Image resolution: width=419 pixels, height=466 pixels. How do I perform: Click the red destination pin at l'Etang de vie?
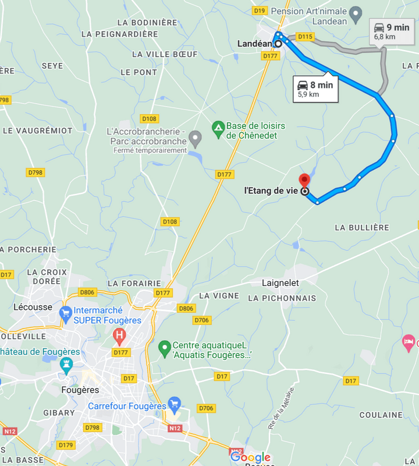click(x=304, y=179)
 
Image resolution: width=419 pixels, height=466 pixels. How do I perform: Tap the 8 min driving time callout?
click(x=315, y=89)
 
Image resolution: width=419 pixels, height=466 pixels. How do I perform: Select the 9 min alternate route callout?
click(x=392, y=31)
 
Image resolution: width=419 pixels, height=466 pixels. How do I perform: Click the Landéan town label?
click(x=254, y=44)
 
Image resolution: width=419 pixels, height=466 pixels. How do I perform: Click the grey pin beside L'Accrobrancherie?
click(x=196, y=139)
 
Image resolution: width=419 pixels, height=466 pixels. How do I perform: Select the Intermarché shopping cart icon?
click(x=66, y=313)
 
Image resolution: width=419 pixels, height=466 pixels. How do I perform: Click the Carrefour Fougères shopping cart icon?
click(x=173, y=403)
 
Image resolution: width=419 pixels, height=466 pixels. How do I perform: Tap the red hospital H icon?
click(x=119, y=335)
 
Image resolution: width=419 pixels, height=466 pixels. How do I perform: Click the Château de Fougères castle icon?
click(x=66, y=365)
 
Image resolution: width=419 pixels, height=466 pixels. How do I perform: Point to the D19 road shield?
click(x=260, y=10)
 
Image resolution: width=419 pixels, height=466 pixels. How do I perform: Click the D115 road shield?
click(x=305, y=37)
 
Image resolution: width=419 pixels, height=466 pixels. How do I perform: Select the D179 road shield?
click(x=66, y=445)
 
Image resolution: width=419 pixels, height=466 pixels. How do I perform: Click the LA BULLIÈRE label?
click(x=362, y=227)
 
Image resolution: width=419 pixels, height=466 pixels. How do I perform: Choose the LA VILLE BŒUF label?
click(x=165, y=54)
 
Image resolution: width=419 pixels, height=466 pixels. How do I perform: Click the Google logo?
click(x=251, y=457)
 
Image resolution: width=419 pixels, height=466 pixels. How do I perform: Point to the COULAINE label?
click(x=381, y=415)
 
